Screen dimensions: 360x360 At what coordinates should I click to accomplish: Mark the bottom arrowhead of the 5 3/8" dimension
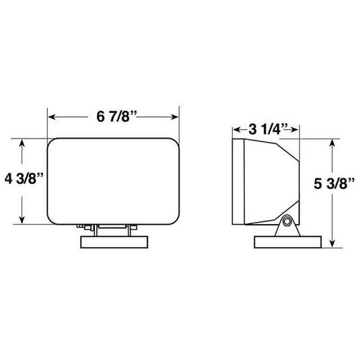click(x=332, y=246)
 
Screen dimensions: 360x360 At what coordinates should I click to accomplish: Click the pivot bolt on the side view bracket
click(x=287, y=221)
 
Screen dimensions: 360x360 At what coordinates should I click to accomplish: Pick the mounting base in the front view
click(x=115, y=242)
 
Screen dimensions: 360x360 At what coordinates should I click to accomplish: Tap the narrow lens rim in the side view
click(x=236, y=182)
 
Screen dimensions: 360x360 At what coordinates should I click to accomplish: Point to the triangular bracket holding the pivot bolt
click(x=285, y=227)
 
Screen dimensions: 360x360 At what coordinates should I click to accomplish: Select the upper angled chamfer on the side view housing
click(x=285, y=149)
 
